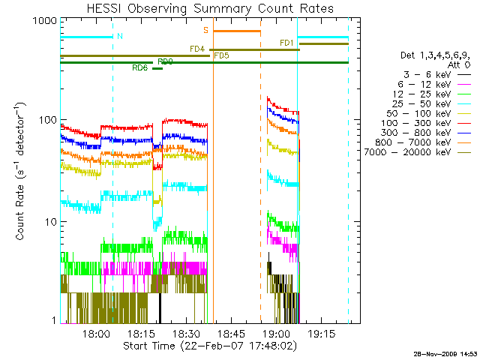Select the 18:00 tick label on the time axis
[x=97, y=334]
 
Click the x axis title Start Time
[x=205, y=346]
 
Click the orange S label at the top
[x=205, y=30]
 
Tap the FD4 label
[x=197, y=49]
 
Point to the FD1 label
[x=286, y=43]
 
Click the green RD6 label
[x=139, y=68]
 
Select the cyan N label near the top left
[x=120, y=35]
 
